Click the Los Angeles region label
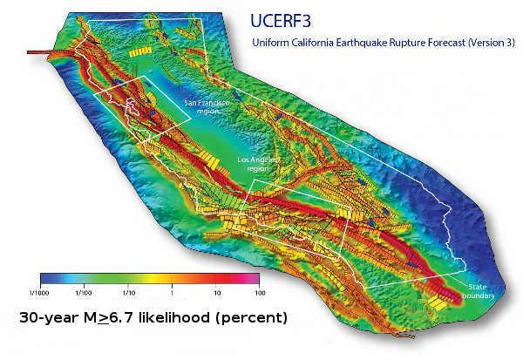(259, 164)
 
